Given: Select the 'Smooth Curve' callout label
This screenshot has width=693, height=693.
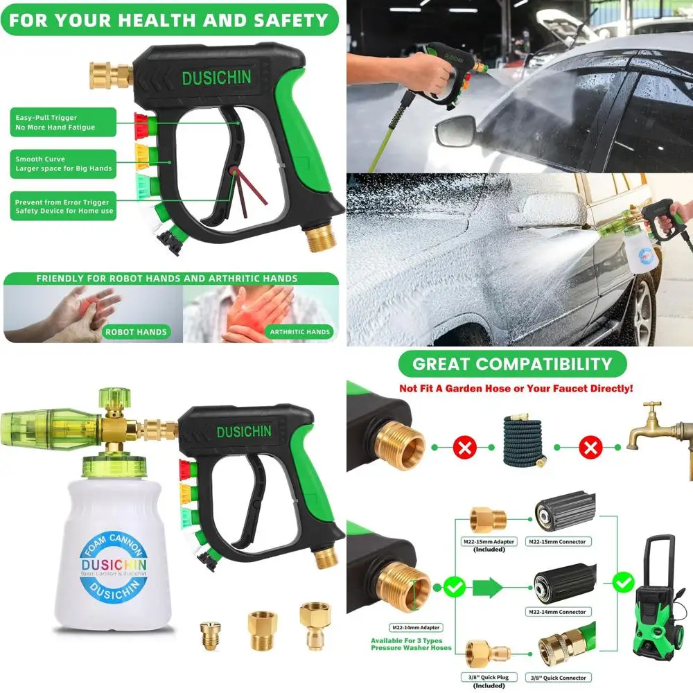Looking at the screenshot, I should coord(62,164).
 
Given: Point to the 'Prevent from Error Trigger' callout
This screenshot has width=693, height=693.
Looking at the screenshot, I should coord(62,207).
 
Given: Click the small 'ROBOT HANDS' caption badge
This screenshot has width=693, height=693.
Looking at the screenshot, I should coord(136,332).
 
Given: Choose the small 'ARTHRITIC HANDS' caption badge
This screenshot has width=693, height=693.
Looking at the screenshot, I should coord(299,332).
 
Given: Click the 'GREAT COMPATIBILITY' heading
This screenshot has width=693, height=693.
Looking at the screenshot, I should coord(512,364).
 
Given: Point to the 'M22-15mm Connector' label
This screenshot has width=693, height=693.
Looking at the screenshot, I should coord(562,541).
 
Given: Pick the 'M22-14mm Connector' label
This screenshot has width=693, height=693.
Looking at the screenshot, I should coord(562,612).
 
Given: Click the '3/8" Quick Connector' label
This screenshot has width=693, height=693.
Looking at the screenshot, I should coord(562,678).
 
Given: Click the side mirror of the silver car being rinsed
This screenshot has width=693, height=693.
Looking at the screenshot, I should coord(455,129).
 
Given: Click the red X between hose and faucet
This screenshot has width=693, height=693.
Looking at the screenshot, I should coord(590,448).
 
